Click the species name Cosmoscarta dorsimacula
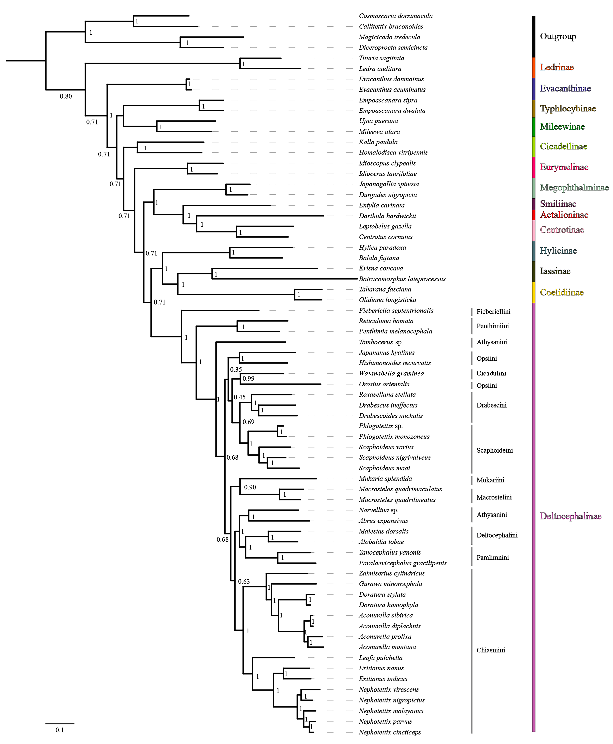(x=396, y=16)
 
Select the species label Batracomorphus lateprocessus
(x=402, y=279)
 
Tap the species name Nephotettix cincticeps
(x=390, y=732)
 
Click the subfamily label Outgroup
(x=558, y=36)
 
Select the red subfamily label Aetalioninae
(x=564, y=215)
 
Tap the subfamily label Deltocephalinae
(x=570, y=516)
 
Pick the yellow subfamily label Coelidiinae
(x=561, y=292)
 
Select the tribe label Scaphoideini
(x=494, y=450)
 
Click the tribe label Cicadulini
(x=491, y=373)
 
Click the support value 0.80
(x=66, y=96)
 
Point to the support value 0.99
(x=248, y=378)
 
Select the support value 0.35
(x=236, y=369)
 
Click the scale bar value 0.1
(x=60, y=730)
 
